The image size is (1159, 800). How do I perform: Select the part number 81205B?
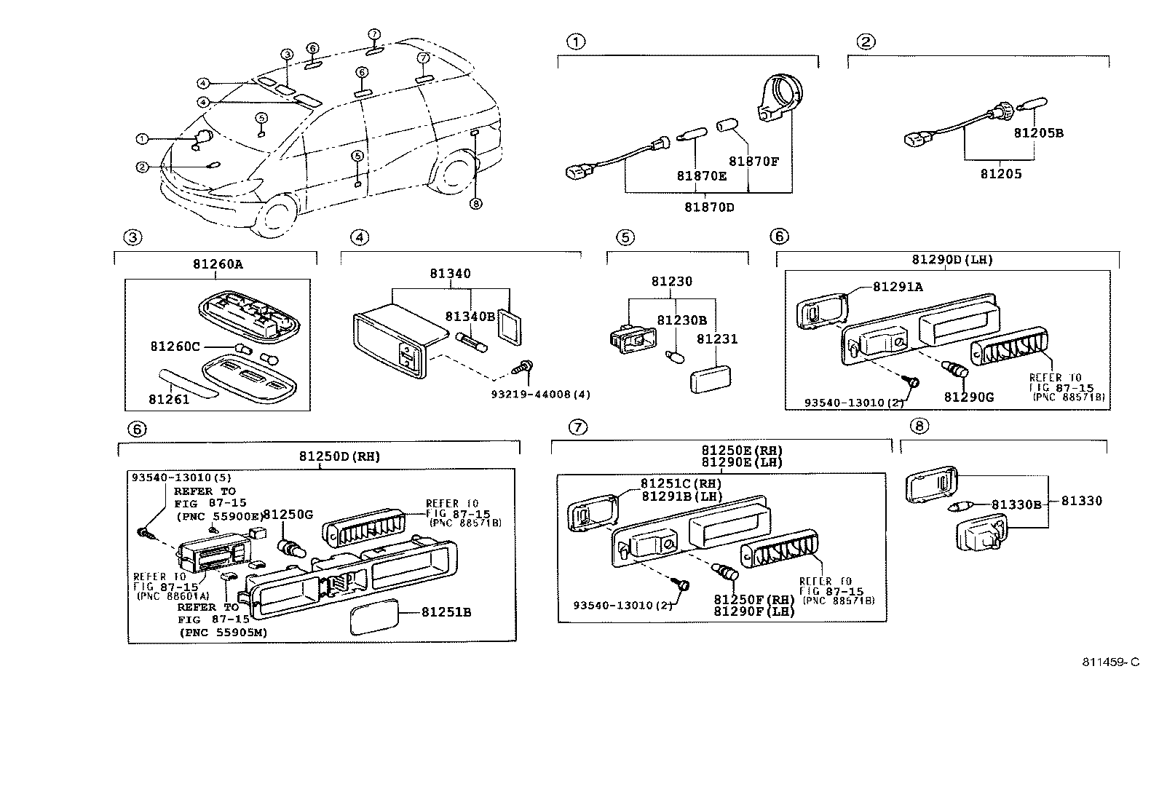pyautogui.click(x=1039, y=133)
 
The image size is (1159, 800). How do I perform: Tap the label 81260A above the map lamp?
pyautogui.click(x=218, y=265)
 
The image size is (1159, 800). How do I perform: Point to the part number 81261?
pyautogui.click(x=169, y=399)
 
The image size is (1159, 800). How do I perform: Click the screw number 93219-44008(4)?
pyautogui.click(x=539, y=395)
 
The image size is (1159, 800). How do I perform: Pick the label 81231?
pyautogui.click(x=717, y=339)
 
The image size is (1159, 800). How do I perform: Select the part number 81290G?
pyautogui.click(x=969, y=397)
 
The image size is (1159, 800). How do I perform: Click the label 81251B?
pyautogui.click(x=446, y=612)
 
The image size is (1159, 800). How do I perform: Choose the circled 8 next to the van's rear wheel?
pyautogui.click(x=476, y=204)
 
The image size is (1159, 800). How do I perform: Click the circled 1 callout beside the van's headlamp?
pyautogui.click(x=143, y=138)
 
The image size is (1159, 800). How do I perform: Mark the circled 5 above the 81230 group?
pyautogui.click(x=624, y=237)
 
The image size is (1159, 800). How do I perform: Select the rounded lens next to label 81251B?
pyautogui.click(x=375, y=618)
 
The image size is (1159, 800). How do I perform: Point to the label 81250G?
pyautogui.click(x=288, y=515)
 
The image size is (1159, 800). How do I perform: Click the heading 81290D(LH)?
pyautogui.click(x=952, y=259)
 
